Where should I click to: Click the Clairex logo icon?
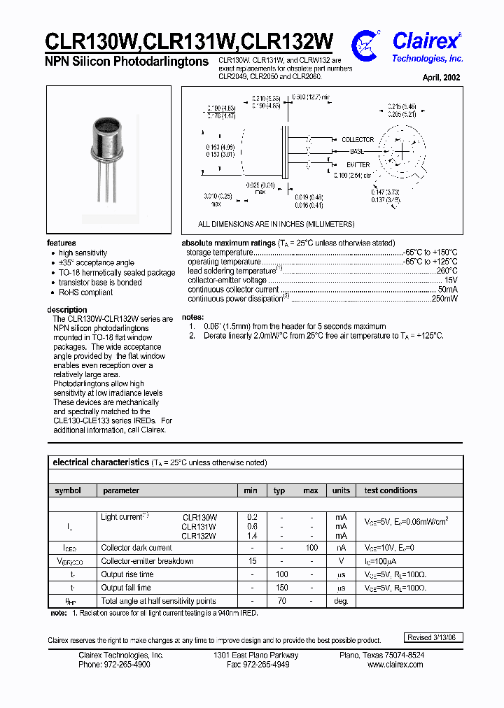pos(366,43)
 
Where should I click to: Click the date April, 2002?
pos(441,78)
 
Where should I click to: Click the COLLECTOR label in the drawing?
pos(357,140)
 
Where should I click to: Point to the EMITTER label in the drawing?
pos(357,165)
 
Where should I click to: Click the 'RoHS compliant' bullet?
pos(85,292)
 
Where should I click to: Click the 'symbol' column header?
pos(68,490)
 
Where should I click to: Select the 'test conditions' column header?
pos(391,490)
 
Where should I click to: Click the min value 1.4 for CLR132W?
pos(252,536)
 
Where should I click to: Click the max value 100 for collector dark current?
pos(311,548)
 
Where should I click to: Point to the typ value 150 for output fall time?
pos(281,588)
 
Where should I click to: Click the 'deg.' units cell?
pos(341,601)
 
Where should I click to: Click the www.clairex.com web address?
pos(395,665)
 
